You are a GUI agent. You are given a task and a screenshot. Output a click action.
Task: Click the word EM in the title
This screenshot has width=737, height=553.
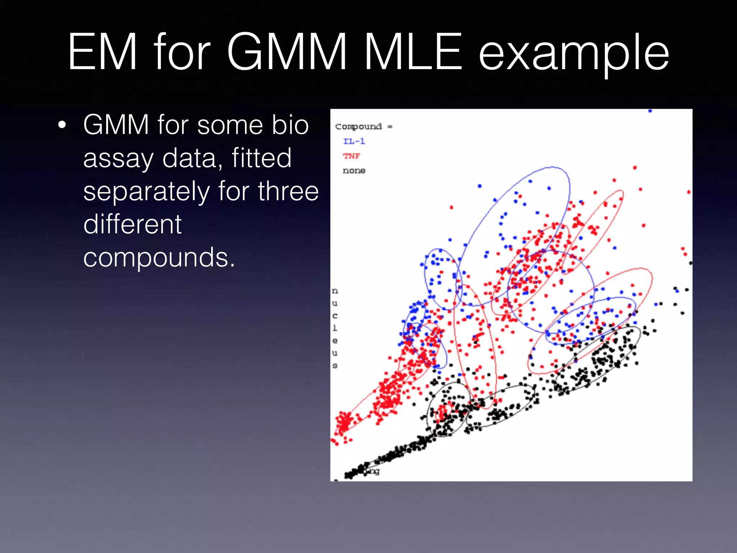pyautogui.click(x=102, y=52)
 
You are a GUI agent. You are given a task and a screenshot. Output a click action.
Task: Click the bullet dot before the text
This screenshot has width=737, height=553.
pyautogui.click(x=62, y=125)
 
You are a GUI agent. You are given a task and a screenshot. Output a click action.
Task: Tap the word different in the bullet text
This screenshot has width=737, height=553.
pyautogui.click(x=132, y=224)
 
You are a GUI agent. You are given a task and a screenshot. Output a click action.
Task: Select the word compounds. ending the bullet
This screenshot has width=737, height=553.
pyautogui.click(x=159, y=258)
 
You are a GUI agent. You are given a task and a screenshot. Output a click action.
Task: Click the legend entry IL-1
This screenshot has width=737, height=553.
pyautogui.click(x=354, y=141)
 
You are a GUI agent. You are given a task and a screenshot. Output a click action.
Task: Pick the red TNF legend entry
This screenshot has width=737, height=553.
pyautogui.click(x=351, y=156)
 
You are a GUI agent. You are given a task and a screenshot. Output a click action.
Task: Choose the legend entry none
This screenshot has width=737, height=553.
pyautogui.click(x=354, y=171)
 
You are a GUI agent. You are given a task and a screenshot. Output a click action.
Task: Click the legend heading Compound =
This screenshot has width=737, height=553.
pyautogui.click(x=363, y=126)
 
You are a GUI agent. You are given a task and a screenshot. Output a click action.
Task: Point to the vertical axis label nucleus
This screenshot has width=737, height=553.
pyautogui.click(x=335, y=328)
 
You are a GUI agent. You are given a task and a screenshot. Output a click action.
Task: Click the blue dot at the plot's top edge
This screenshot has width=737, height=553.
pyautogui.click(x=650, y=111)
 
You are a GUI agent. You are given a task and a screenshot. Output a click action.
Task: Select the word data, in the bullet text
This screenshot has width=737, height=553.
pyautogui.click(x=193, y=158)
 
